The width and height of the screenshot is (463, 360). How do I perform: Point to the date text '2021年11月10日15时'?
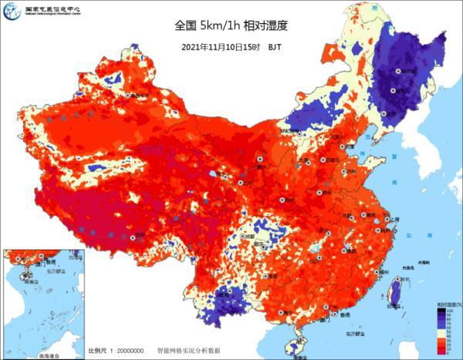click(219, 46)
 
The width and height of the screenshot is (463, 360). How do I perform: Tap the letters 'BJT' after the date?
click(274, 46)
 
